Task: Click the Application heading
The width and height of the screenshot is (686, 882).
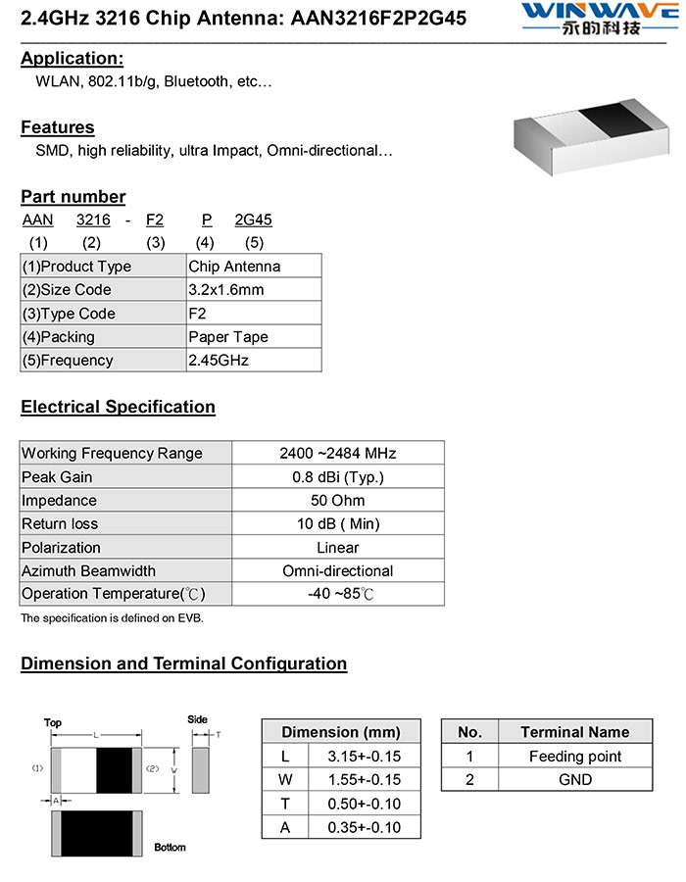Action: (72, 58)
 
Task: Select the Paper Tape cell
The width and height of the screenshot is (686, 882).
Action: (227, 337)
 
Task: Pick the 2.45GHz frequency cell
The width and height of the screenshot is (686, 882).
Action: (219, 361)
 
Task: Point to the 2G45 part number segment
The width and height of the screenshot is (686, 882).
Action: (253, 220)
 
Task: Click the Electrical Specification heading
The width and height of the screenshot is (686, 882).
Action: (118, 407)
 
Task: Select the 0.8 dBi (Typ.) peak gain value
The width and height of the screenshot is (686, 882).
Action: (338, 477)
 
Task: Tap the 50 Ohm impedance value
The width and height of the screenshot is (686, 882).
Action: (338, 501)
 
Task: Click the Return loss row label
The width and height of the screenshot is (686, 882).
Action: (60, 524)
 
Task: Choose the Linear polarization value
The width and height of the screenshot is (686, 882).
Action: (338, 548)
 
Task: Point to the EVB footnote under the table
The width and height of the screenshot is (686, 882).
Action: (112, 618)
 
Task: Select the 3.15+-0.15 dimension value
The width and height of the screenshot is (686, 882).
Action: (366, 757)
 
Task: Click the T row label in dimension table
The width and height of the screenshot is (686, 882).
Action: (285, 804)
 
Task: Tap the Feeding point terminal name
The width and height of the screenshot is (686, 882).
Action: (575, 757)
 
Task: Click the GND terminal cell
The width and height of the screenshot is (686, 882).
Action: (575, 780)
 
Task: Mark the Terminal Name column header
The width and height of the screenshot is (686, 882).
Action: (575, 732)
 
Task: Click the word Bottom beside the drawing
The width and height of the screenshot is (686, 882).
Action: (170, 847)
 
